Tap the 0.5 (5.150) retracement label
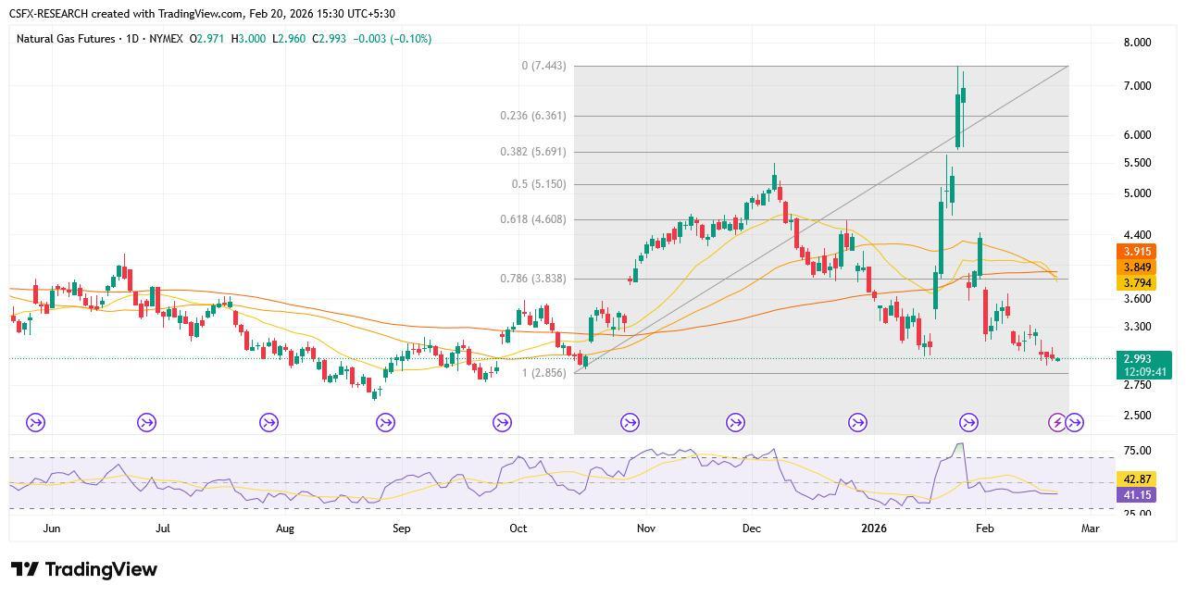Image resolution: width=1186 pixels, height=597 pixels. (539, 184)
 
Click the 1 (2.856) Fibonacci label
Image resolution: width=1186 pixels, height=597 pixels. (544, 373)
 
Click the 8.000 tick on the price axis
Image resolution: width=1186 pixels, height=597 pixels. (1137, 43)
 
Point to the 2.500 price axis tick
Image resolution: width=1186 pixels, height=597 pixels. (1137, 416)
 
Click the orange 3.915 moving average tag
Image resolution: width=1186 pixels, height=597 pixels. (1137, 252)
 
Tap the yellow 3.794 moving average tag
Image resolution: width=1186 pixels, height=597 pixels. (1137, 283)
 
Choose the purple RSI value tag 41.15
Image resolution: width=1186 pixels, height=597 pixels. (1137, 495)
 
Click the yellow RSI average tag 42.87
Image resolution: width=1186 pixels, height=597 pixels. (1137, 479)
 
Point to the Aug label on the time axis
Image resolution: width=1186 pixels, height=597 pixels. (284, 529)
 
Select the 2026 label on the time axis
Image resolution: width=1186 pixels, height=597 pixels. (874, 529)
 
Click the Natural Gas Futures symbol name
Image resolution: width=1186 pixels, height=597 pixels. (66, 39)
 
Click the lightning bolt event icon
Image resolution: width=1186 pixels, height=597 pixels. (1057, 423)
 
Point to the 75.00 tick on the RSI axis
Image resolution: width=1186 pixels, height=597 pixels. (1137, 451)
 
